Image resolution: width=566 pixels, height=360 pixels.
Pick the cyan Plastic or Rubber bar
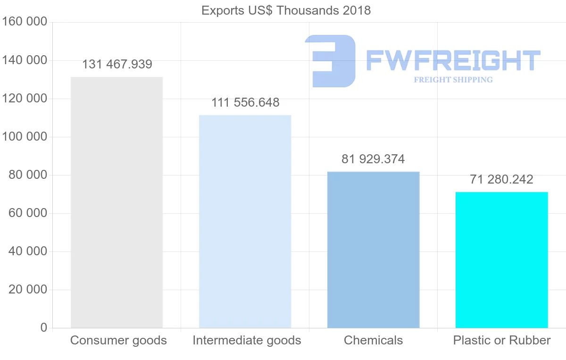click(x=501, y=260)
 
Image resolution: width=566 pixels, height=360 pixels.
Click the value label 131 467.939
click(x=117, y=65)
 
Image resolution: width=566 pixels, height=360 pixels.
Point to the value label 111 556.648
click(x=245, y=102)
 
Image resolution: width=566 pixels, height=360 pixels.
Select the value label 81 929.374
click(x=373, y=159)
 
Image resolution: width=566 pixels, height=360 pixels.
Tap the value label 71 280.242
click(x=501, y=180)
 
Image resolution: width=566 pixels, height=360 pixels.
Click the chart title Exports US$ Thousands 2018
click(x=286, y=10)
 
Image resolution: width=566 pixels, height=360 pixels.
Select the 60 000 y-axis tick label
click(x=28, y=213)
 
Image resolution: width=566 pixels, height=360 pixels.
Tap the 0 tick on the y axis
click(x=43, y=327)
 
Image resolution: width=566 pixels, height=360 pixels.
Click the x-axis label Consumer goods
click(x=118, y=340)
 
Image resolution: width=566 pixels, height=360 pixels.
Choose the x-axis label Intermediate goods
click(x=247, y=340)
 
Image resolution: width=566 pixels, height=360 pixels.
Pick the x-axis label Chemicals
click(x=373, y=340)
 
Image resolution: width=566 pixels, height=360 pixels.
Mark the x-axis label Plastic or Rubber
click(x=502, y=340)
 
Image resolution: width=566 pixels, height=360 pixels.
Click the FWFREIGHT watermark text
click(x=453, y=61)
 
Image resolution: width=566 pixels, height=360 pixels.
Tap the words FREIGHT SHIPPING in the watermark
click(x=453, y=80)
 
